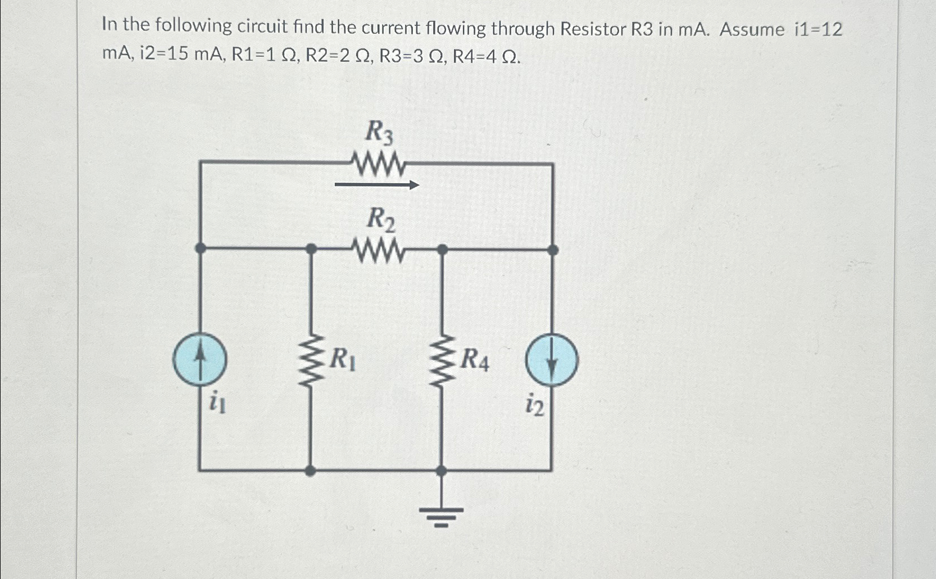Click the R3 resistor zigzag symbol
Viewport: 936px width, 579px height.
click(378, 164)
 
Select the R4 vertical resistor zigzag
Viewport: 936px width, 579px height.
click(442, 360)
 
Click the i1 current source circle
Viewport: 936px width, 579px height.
click(200, 359)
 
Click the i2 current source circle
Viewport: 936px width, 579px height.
click(552, 360)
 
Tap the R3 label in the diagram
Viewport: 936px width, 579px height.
click(380, 133)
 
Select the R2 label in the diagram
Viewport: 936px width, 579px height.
click(380, 219)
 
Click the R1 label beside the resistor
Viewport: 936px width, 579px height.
click(342, 359)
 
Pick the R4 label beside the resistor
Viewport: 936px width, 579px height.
click(474, 360)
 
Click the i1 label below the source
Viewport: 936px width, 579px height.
click(217, 403)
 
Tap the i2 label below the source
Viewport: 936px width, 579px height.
click(534, 405)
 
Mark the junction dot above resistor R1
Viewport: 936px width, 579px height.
click(311, 248)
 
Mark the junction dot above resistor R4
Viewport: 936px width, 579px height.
click(442, 249)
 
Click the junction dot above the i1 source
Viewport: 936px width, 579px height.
click(200, 248)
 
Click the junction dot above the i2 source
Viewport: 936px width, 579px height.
click(552, 250)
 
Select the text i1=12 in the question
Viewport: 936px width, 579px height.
click(818, 29)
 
